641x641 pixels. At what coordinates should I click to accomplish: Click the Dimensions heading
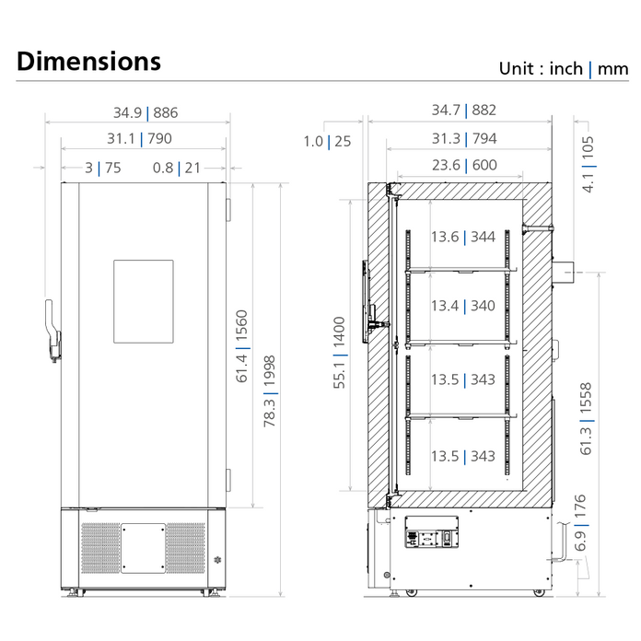pos(88,62)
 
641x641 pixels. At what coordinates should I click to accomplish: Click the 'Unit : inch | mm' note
pos(563,68)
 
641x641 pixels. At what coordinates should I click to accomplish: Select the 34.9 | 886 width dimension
pos(146,113)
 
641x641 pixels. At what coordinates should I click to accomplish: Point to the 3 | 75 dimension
pos(102,168)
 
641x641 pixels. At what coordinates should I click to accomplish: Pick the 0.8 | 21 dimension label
pos(176,168)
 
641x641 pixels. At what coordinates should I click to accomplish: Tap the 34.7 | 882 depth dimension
pos(464,111)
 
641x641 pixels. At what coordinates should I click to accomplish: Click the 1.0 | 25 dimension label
pos(327,141)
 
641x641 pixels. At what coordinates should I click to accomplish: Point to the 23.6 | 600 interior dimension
pos(464,166)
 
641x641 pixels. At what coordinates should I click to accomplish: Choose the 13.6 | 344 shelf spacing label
pos(462,237)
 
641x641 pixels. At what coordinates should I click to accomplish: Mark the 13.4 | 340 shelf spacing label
pos(462,306)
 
